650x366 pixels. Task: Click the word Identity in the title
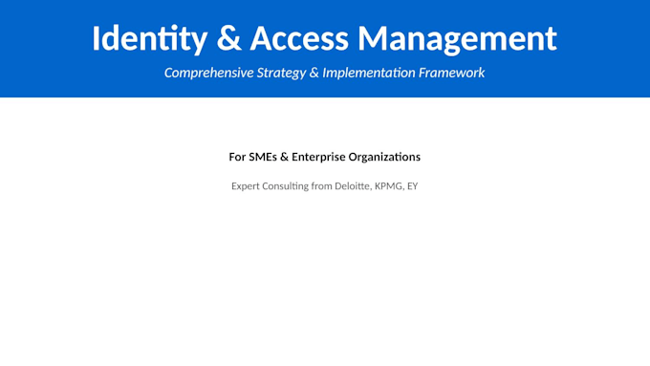(149, 39)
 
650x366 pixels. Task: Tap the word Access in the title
(299, 38)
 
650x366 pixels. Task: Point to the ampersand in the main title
(228, 38)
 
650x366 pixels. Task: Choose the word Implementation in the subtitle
(369, 73)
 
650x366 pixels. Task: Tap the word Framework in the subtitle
(451, 73)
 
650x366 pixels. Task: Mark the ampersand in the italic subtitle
(314, 73)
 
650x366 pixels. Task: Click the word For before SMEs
(237, 157)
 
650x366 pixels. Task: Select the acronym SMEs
(263, 157)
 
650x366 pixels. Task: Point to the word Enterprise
(318, 158)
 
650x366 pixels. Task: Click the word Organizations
(384, 157)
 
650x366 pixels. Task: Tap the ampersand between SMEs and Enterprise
(285, 157)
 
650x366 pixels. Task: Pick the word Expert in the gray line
(245, 186)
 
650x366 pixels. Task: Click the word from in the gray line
(322, 186)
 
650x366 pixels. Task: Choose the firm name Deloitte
(353, 186)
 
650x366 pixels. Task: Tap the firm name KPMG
(389, 186)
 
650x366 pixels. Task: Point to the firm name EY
(413, 186)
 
